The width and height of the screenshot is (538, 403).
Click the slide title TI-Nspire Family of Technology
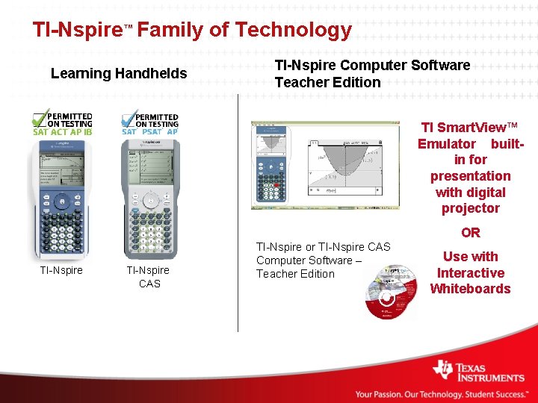click(x=191, y=30)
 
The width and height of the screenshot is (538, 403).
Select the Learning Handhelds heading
click(x=118, y=73)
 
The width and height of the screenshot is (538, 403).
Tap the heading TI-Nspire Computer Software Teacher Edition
click(x=372, y=73)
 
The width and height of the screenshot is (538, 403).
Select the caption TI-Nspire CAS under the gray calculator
click(x=148, y=277)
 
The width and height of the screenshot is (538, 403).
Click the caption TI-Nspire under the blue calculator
click(x=61, y=270)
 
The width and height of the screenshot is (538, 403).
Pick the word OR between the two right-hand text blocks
click(x=471, y=233)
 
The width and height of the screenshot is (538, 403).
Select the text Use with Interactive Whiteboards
click(x=470, y=272)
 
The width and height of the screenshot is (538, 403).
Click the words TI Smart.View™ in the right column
click(x=469, y=128)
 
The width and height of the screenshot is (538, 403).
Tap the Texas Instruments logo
click(x=478, y=371)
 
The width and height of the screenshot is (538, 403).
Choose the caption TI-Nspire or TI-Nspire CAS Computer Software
click(x=323, y=260)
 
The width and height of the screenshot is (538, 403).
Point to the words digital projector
click(x=470, y=200)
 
